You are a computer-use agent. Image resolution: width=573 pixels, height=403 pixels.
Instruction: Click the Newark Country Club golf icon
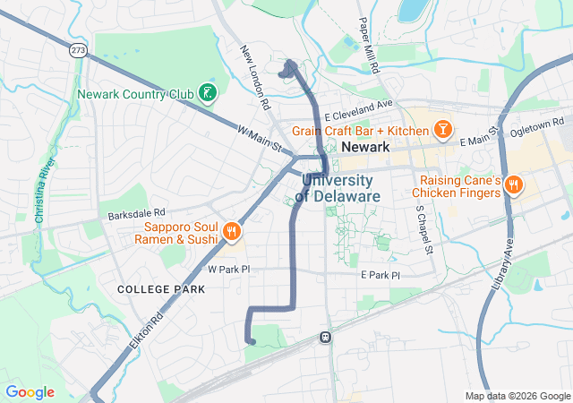pyautogui.click(x=207, y=93)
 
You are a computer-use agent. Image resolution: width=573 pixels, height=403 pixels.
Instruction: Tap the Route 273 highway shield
pyautogui.click(x=78, y=51)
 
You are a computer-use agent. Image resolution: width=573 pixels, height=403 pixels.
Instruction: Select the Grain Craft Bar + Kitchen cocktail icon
pyautogui.click(x=442, y=131)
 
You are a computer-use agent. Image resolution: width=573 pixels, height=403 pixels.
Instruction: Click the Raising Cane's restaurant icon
pyautogui.click(x=513, y=186)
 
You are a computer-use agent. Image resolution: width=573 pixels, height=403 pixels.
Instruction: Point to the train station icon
pyautogui.click(x=326, y=338)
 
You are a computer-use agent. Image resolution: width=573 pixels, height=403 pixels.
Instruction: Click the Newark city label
pyautogui.click(x=365, y=149)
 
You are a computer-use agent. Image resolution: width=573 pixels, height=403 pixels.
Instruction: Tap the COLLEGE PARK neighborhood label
pyautogui.click(x=161, y=289)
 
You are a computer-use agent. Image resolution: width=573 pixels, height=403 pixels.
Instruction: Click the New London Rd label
pyautogui.click(x=254, y=78)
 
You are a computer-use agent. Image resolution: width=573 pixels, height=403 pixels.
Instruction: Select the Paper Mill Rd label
pyautogui.click(x=367, y=45)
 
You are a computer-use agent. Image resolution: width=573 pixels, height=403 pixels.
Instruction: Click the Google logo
pyautogui.click(x=30, y=392)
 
